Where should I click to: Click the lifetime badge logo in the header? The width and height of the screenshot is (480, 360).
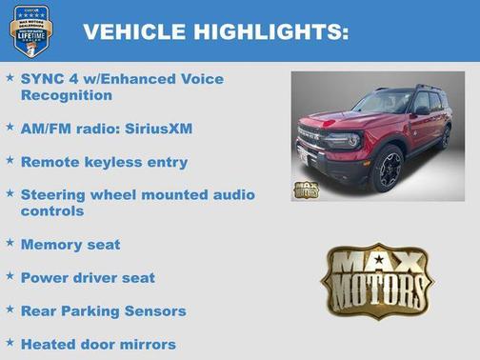click(31, 30)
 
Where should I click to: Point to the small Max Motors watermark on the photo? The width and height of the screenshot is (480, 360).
click(307, 188)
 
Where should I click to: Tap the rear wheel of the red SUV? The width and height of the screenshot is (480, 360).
click(445, 137)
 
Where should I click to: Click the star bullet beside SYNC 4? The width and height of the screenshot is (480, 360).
click(10, 76)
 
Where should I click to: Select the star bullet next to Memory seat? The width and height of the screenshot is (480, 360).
click(10, 243)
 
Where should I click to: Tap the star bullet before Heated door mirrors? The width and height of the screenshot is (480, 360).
click(10, 342)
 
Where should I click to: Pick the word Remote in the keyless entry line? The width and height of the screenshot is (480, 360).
click(51, 162)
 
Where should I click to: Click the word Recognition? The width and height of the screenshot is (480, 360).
click(67, 95)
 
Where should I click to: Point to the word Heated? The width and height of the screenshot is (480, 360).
click(50, 343)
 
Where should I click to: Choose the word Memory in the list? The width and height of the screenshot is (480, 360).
click(51, 244)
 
